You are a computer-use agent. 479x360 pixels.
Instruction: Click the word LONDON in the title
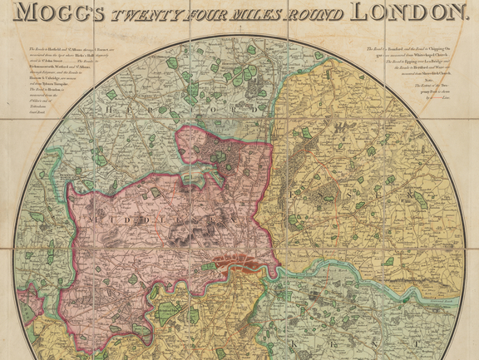tap(407, 12)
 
